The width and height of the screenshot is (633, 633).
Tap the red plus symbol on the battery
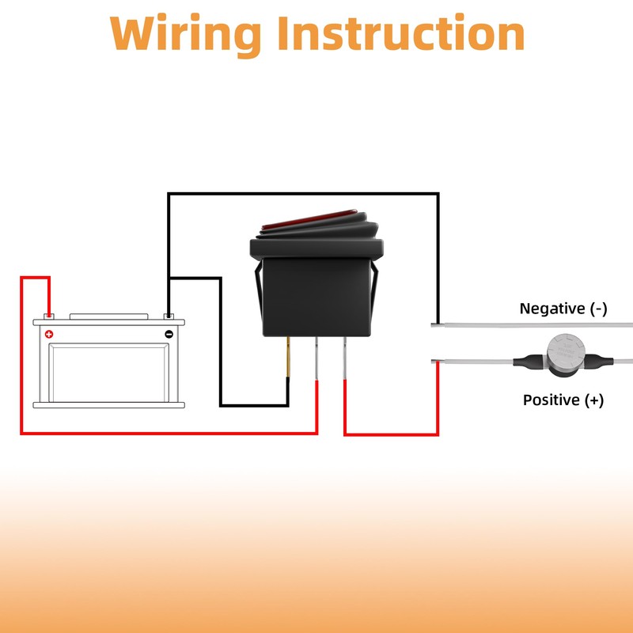point(49,334)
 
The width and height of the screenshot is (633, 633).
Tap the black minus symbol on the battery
point(169,334)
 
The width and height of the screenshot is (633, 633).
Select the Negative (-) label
point(563,309)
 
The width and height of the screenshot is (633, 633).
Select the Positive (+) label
point(563,400)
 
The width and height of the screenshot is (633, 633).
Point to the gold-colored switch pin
point(289,355)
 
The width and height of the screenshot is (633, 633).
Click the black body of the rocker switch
point(316,293)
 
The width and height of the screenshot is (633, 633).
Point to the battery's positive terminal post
point(48,316)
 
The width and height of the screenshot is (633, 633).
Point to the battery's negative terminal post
point(169,316)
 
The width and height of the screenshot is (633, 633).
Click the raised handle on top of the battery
point(108,316)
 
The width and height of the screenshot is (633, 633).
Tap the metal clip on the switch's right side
point(374,290)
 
